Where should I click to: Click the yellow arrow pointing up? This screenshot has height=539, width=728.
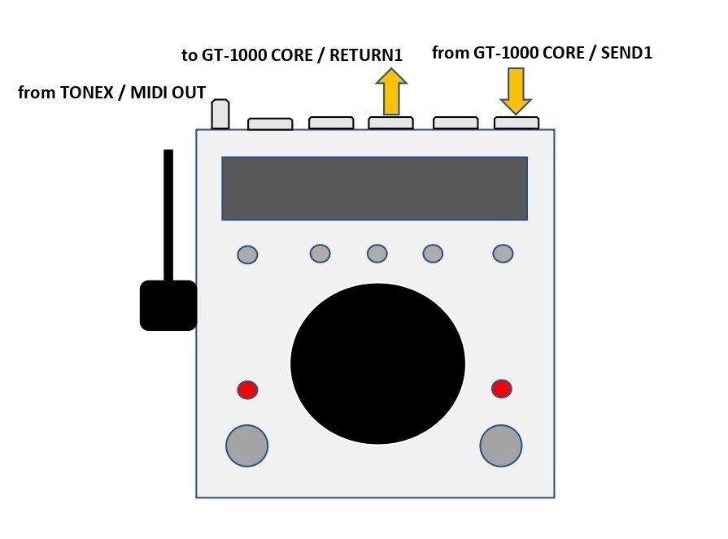click(x=391, y=91)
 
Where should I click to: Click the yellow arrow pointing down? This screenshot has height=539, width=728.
click(x=516, y=91)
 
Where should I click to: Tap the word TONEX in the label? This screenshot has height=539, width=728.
click(x=86, y=93)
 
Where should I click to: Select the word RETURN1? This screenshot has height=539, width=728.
click(x=366, y=55)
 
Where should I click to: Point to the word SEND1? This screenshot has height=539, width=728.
click(x=626, y=53)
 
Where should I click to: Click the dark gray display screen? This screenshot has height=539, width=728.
click(x=375, y=189)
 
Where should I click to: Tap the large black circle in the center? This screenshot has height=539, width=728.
click(x=377, y=363)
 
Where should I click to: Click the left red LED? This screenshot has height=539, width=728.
click(x=247, y=389)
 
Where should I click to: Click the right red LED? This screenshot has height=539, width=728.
click(x=501, y=389)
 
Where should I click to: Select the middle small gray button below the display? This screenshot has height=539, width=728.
click(x=377, y=254)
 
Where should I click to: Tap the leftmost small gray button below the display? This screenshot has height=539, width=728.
click(x=247, y=254)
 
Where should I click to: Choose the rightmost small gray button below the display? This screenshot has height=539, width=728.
click(x=503, y=254)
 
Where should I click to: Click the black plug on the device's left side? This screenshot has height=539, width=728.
click(x=168, y=305)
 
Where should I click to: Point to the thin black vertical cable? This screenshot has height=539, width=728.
click(x=168, y=215)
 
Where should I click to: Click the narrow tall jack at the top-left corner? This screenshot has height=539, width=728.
click(x=220, y=114)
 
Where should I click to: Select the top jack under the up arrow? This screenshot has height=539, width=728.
click(x=391, y=123)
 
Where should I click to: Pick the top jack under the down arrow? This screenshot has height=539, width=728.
click(x=517, y=123)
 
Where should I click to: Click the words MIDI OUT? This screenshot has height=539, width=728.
click(x=168, y=93)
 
